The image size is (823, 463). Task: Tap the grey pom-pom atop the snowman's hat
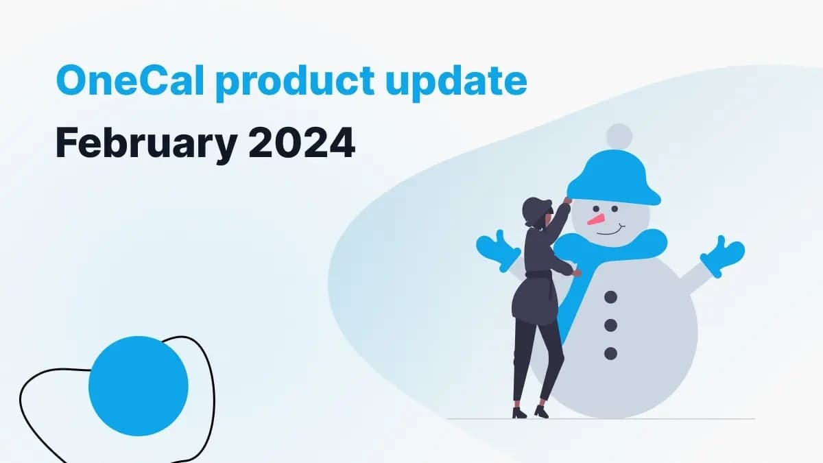click(619, 135)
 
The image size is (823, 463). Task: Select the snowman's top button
click(610, 297)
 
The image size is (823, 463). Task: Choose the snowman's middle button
click(610, 325)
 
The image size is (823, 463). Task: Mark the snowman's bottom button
click(610, 353)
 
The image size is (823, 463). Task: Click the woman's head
click(536, 211)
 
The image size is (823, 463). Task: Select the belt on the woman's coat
click(538, 275)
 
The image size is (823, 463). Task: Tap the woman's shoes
click(530, 412)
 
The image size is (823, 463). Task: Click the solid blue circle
click(139, 386)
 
